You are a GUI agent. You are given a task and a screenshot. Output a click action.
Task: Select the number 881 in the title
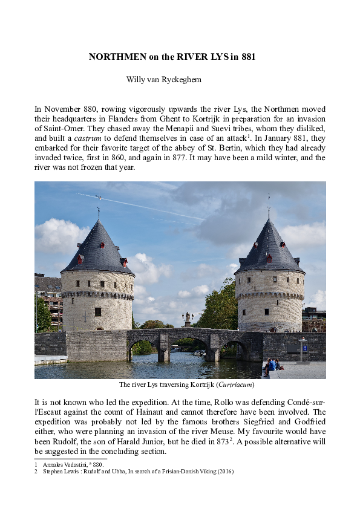point(248,57)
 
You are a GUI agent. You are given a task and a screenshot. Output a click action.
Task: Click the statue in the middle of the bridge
point(187,319)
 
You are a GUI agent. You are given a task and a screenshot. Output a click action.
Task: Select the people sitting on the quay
point(270,366)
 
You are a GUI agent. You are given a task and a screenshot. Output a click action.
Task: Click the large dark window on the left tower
point(97,311)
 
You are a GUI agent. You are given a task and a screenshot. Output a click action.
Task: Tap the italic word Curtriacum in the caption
point(235,384)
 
